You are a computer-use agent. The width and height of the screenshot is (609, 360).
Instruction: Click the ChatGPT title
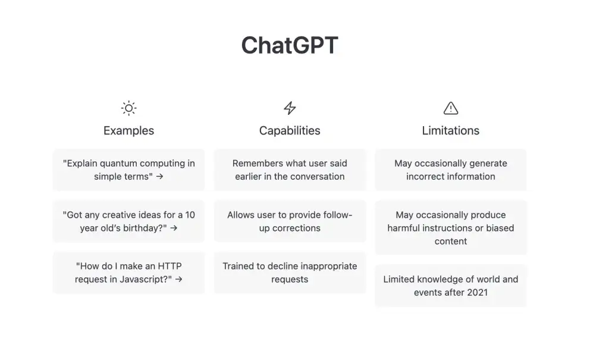tap(290, 46)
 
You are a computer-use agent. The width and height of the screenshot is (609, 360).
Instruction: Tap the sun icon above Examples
tap(128, 108)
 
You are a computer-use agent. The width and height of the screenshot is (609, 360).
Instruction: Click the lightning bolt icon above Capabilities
tap(290, 108)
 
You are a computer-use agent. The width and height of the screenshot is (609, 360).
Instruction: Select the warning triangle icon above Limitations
tap(451, 108)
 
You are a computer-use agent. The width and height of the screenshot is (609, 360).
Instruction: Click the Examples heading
tap(128, 130)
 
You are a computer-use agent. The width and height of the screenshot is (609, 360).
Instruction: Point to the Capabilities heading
tap(290, 130)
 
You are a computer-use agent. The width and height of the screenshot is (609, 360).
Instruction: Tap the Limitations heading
tap(451, 130)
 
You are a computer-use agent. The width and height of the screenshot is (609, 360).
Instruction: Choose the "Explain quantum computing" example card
tap(128, 170)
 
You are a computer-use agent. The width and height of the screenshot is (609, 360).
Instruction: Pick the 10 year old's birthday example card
tap(128, 221)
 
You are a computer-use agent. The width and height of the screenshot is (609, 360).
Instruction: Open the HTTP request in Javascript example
tap(128, 273)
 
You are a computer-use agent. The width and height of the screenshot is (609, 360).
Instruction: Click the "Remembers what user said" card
tap(290, 170)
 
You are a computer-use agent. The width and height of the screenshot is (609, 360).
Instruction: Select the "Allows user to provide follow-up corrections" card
tap(290, 221)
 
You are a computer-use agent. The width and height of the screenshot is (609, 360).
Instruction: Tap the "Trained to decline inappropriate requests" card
tap(290, 273)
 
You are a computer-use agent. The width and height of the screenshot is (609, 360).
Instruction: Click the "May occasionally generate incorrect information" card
tap(451, 170)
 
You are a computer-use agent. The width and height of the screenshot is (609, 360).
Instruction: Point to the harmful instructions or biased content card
tap(451, 228)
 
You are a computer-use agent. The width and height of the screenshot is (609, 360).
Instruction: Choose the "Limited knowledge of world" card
tap(451, 286)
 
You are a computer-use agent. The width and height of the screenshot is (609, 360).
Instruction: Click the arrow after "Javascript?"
tap(178, 279)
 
